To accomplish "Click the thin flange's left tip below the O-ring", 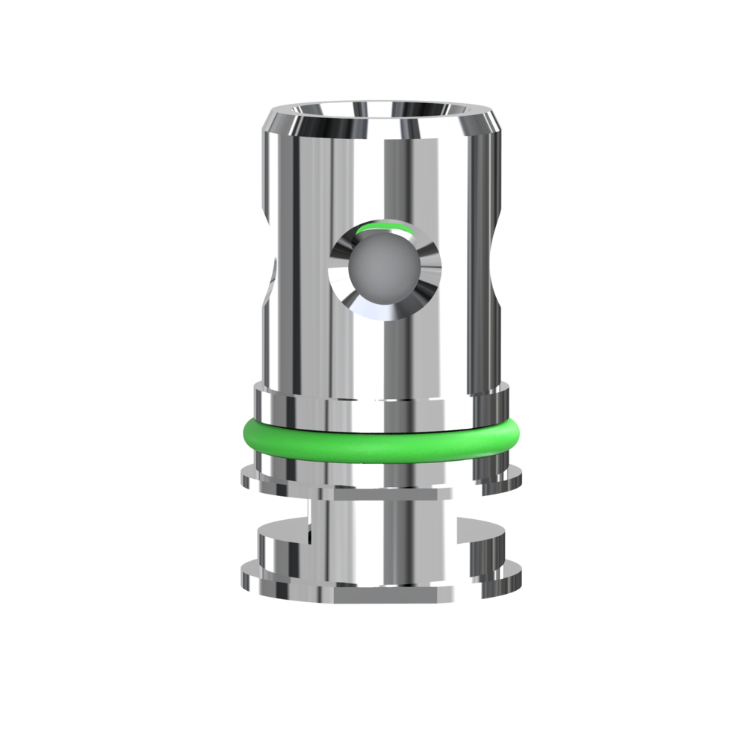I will pos(242,472).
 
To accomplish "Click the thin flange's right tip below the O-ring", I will pos(521,472).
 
